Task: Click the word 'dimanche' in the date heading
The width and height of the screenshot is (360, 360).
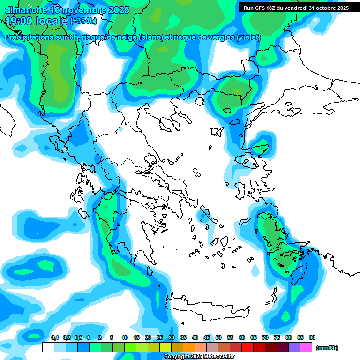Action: tap(26, 9)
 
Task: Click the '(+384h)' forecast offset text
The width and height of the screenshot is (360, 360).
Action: tap(83, 21)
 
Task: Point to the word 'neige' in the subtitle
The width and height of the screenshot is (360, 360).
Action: tap(123, 37)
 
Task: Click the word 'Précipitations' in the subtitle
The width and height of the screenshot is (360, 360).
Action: tap(29, 37)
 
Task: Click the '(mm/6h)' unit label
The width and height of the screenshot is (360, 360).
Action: tap(327, 348)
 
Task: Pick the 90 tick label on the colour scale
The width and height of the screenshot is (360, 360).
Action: tap(312, 338)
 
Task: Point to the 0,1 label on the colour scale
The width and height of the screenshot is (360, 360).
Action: tap(55, 338)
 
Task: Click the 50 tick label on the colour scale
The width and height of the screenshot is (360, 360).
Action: tap(218, 338)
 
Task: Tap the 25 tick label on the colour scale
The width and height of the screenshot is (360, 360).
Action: tap(160, 338)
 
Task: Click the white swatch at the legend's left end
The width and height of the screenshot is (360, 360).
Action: tap(48, 347)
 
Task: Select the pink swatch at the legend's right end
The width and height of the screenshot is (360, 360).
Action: tap(306, 347)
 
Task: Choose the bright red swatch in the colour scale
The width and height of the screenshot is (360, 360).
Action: tap(247, 347)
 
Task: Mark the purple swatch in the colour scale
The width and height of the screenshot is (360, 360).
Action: tap(294, 347)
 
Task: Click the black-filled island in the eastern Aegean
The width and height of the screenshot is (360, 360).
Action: tap(247, 220)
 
